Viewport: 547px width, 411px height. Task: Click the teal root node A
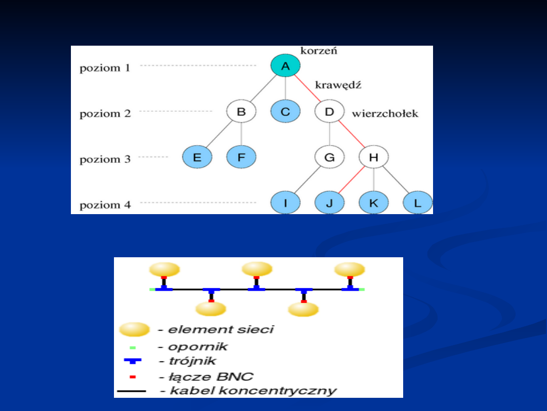click(285, 65)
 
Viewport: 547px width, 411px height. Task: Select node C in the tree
click(285, 112)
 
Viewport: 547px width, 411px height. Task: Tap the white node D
click(329, 112)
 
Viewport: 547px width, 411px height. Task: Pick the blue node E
click(197, 157)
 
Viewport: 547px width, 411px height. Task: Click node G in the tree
click(329, 157)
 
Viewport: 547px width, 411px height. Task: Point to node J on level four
click(329, 202)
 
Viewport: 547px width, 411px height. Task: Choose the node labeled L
click(417, 202)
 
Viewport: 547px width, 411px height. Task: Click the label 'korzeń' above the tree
click(319, 51)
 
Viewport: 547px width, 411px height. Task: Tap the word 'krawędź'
click(338, 85)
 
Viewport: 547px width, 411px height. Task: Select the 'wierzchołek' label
click(385, 113)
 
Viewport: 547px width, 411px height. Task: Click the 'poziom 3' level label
click(105, 159)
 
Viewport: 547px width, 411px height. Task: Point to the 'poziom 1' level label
click(105, 68)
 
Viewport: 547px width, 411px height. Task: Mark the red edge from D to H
click(351, 134)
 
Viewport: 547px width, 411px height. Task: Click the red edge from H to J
click(351, 180)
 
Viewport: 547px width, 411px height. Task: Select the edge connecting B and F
click(241, 134)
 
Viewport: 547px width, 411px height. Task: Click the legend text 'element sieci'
click(221, 329)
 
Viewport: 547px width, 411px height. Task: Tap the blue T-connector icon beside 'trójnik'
click(133, 361)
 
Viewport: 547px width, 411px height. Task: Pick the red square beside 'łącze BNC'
click(133, 376)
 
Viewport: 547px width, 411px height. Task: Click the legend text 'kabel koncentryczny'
click(253, 390)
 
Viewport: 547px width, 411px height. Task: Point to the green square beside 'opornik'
click(133, 348)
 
